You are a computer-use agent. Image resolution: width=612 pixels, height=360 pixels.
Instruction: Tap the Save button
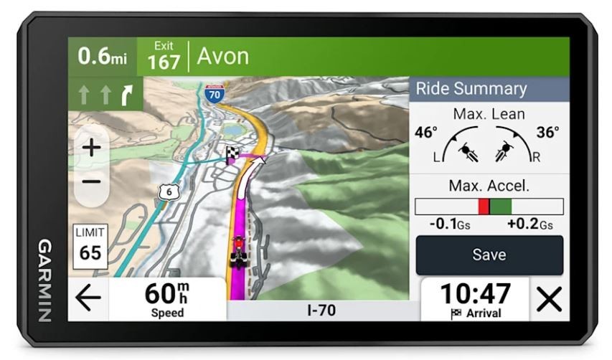(x=489, y=255)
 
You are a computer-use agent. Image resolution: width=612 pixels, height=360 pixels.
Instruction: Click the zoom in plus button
(x=92, y=148)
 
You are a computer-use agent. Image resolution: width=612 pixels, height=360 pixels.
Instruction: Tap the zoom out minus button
(x=92, y=181)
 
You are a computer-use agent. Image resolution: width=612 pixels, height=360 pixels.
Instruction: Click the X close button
(x=549, y=299)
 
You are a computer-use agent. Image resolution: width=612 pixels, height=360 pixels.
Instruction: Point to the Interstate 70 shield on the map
(x=213, y=93)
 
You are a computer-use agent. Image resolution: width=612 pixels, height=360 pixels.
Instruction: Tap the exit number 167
(x=164, y=62)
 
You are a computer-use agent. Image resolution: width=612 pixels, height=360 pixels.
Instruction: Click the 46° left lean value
(x=425, y=133)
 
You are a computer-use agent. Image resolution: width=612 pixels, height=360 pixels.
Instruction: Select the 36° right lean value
(x=547, y=133)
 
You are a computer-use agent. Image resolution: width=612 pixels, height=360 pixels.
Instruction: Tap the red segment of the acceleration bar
(x=484, y=207)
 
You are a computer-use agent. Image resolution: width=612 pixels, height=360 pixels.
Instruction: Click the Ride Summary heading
(x=471, y=89)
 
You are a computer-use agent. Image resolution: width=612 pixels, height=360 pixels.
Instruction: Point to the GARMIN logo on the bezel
(x=44, y=280)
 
